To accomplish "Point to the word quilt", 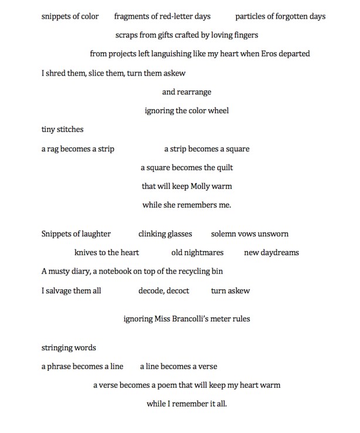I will pos(223,168).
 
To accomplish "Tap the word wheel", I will pos(218,111).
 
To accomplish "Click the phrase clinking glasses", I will pos(165,234).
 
